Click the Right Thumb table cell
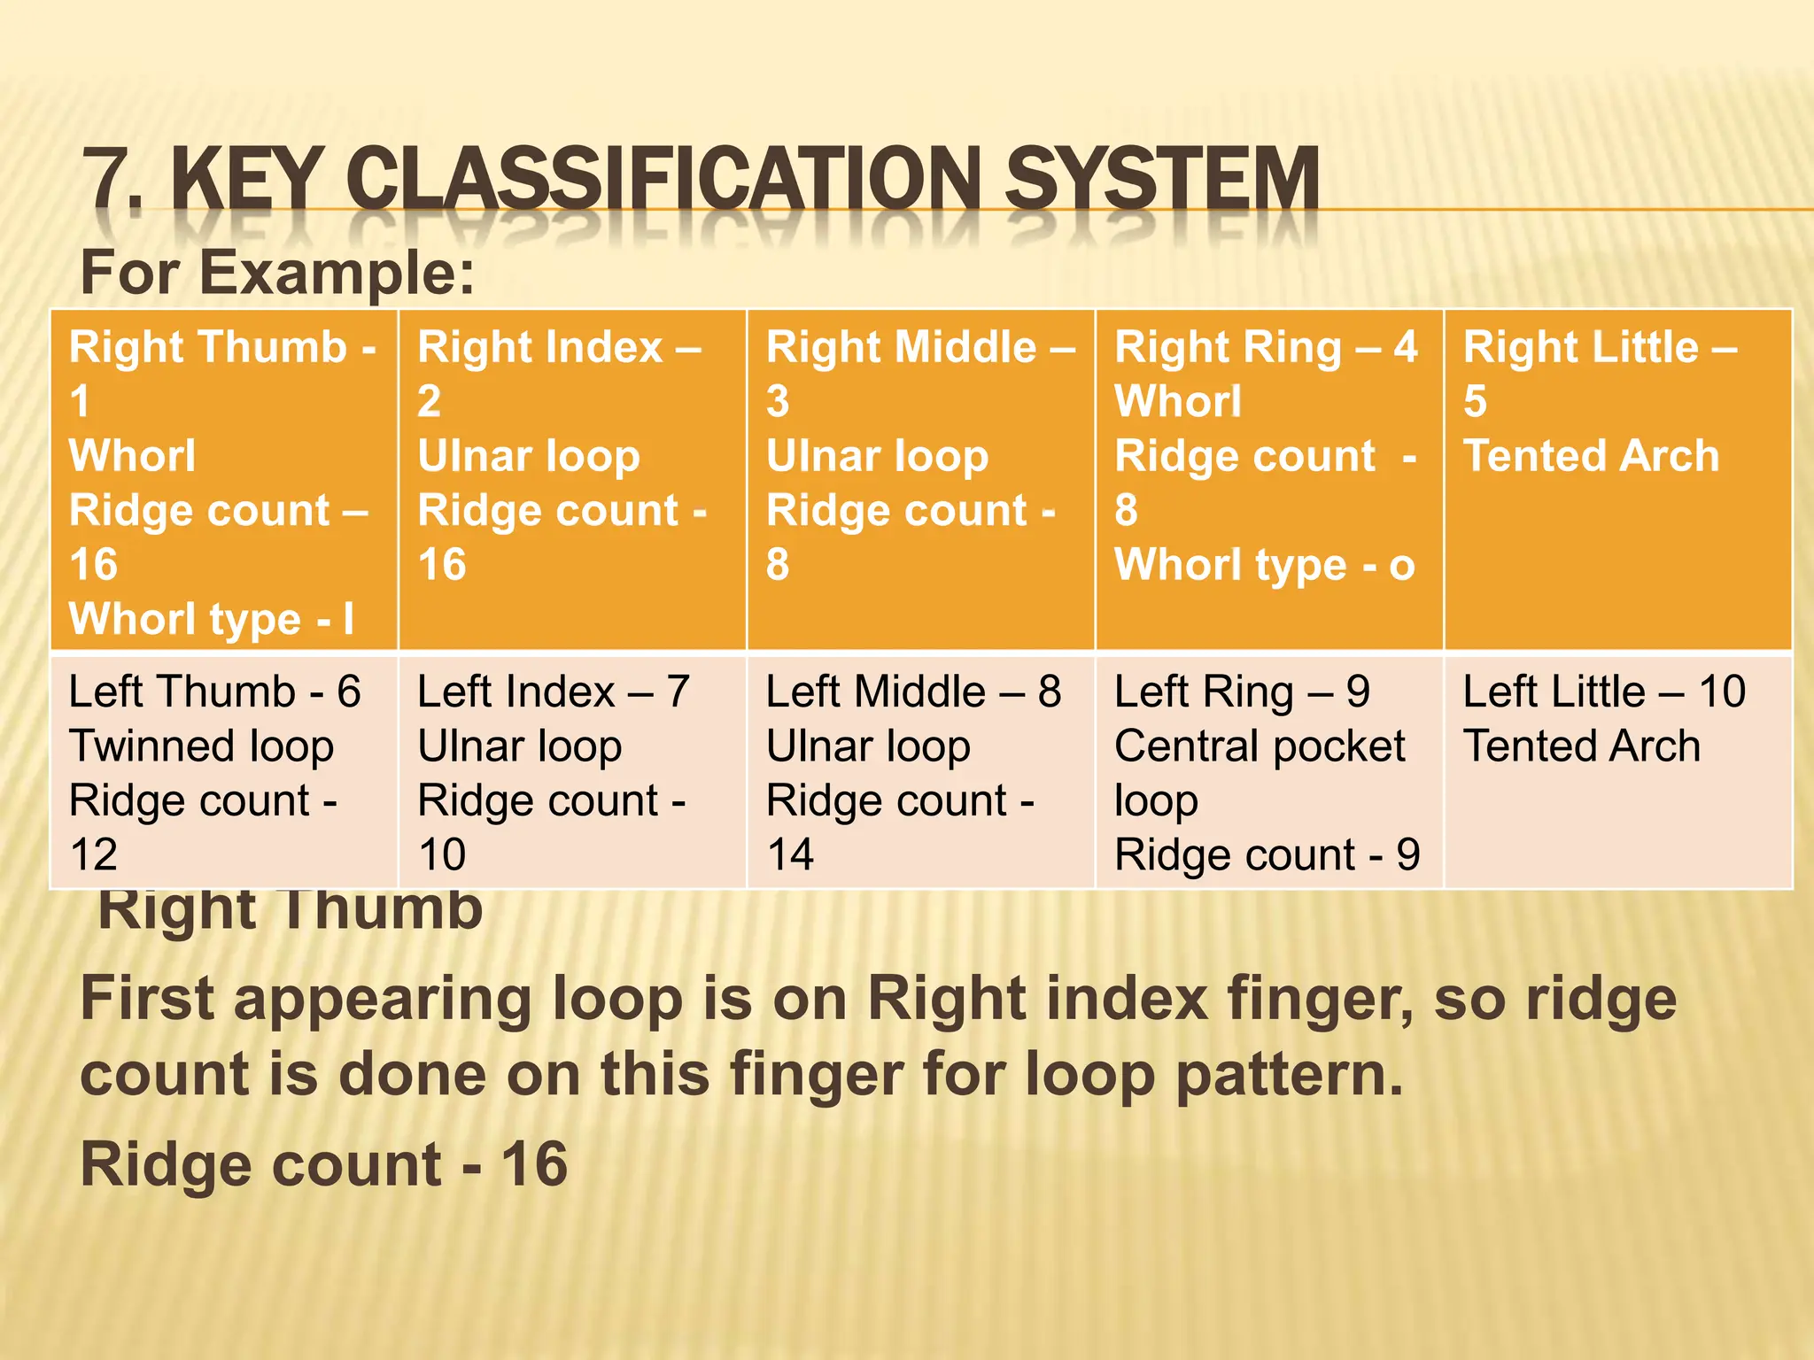pos(223,480)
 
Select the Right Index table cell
pos(572,480)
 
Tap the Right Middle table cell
pos(921,480)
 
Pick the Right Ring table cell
pos(1269,480)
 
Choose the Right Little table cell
pos(1617,480)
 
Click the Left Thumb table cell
pos(223,771)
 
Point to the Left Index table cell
pos(572,771)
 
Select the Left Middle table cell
pos(921,771)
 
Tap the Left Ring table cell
pos(1269,771)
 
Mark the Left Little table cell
pos(1617,771)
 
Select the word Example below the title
pos(337,273)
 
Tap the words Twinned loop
pos(201,746)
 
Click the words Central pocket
pos(1260,746)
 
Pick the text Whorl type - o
pos(1264,565)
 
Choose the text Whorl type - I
pos(212,619)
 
